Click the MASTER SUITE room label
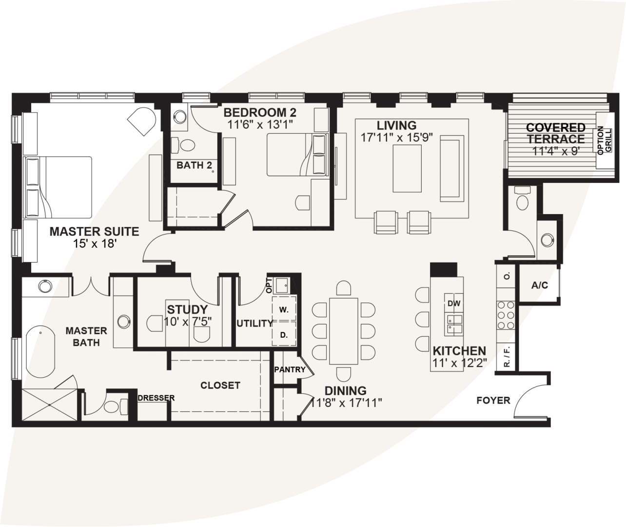[94, 231]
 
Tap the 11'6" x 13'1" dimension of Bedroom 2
[260, 124]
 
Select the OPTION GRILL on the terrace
[603, 140]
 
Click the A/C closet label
[539, 285]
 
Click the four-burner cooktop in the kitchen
[505, 315]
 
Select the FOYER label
[493, 401]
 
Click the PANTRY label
[290, 370]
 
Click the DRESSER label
[156, 398]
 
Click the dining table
[344, 331]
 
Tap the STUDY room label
[187, 309]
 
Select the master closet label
[220, 385]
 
